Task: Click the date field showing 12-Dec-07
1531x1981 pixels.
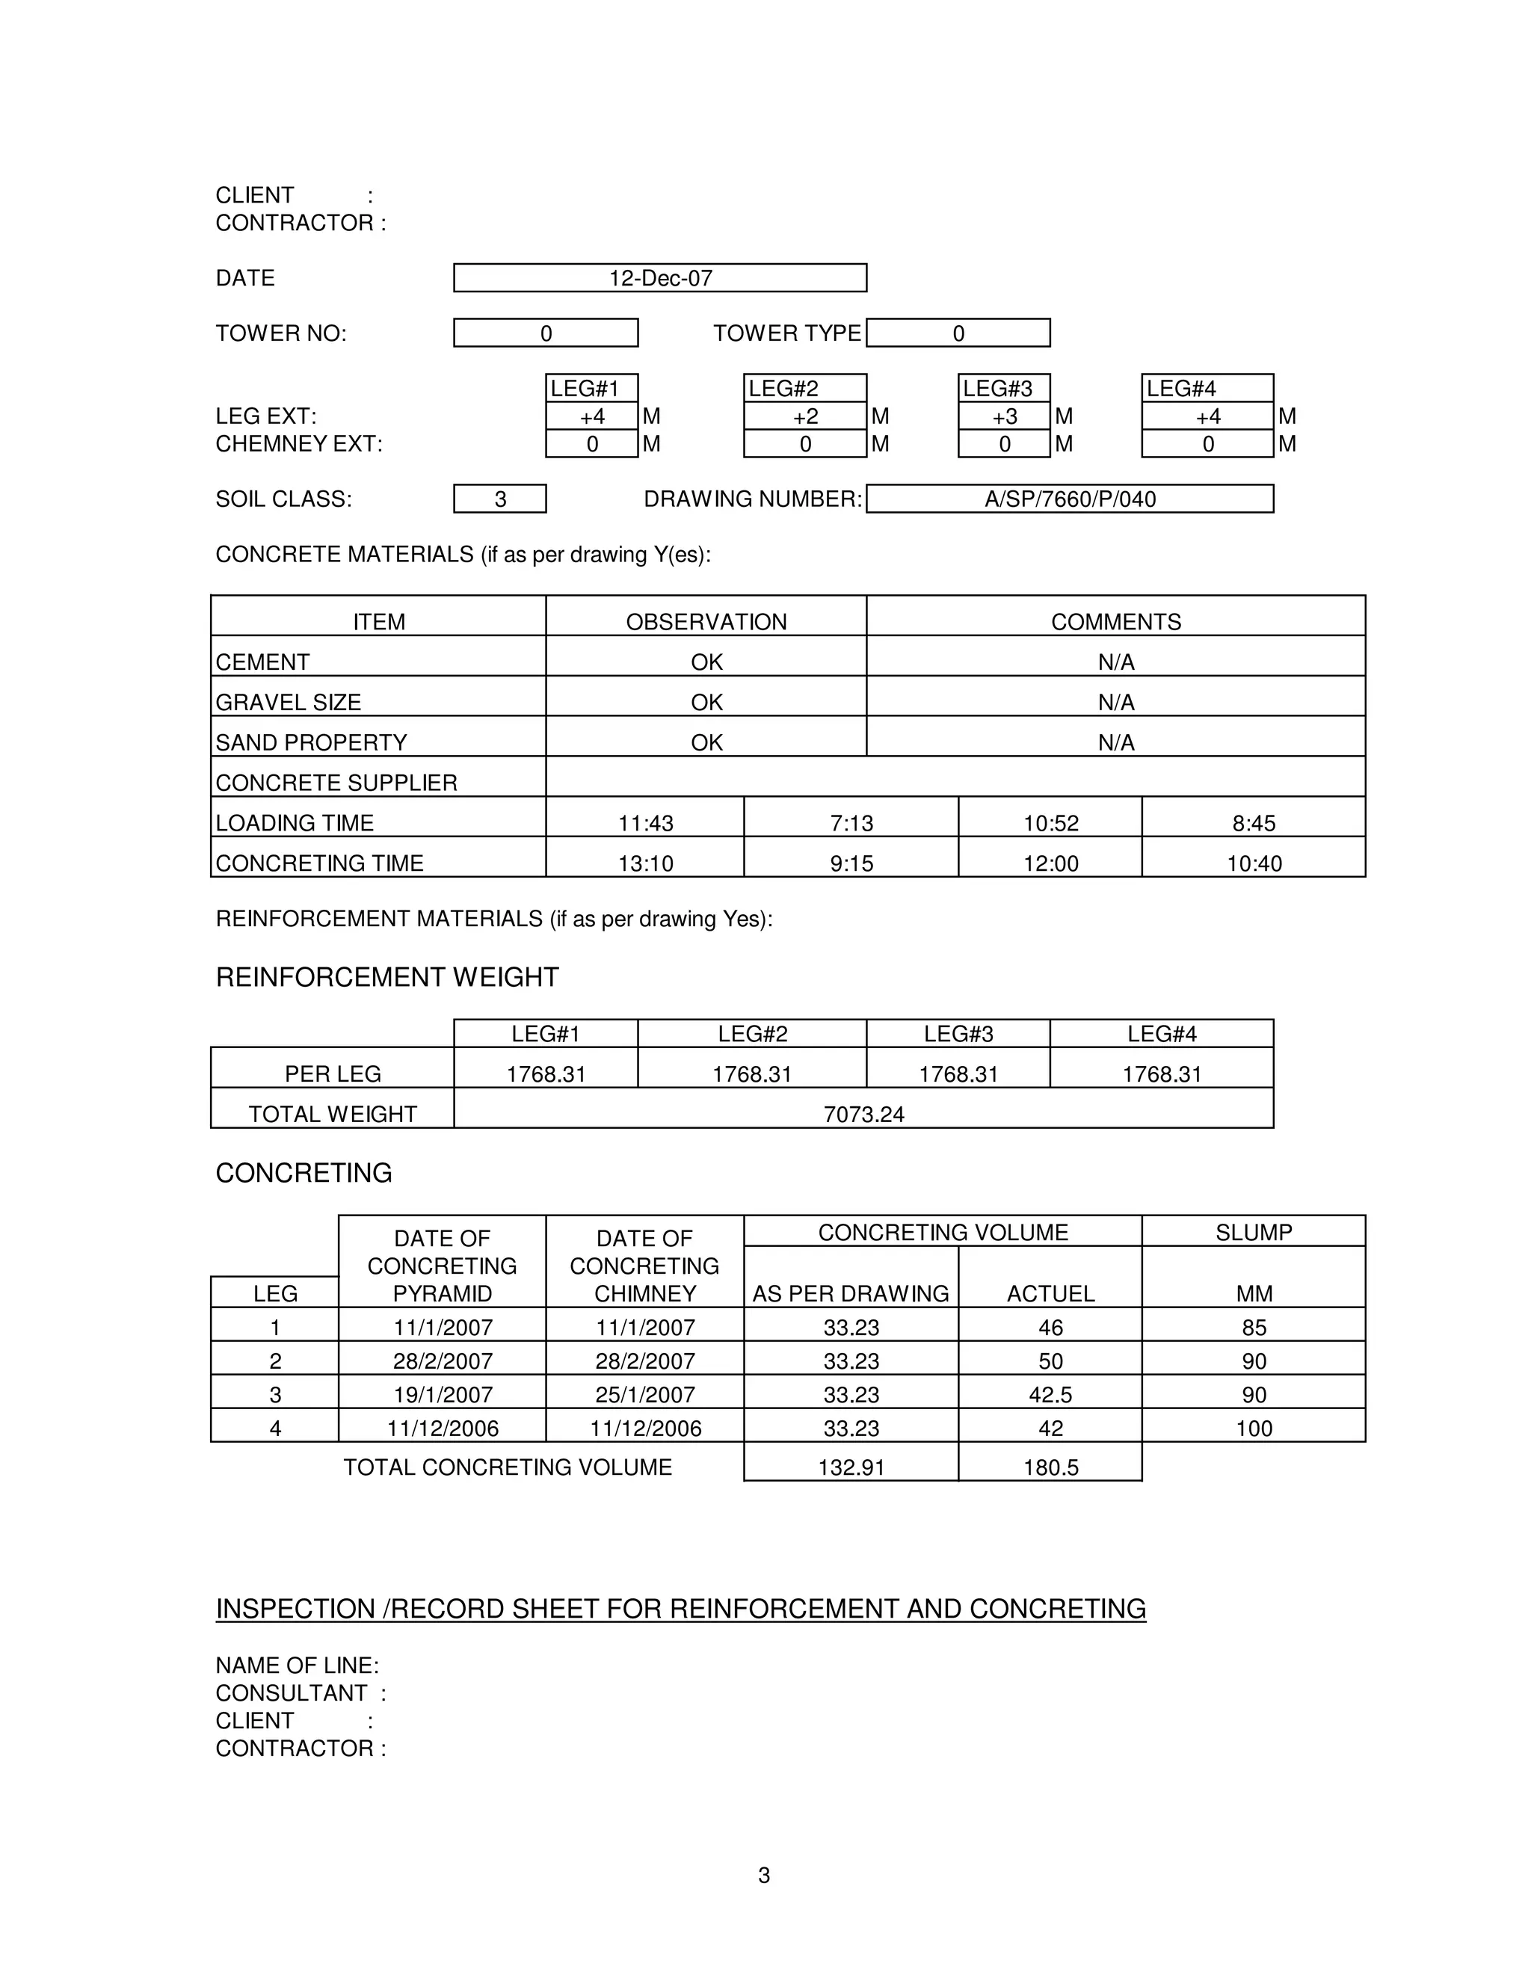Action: tap(659, 279)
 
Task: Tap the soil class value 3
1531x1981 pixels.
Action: tap(500, 499)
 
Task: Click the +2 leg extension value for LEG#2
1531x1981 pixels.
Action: tap(804, 416)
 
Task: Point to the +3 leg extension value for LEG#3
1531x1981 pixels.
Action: tap(1004, 416)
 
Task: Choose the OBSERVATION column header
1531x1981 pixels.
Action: tap(706, 621)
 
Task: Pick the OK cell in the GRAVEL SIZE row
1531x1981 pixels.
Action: tap(706, 702)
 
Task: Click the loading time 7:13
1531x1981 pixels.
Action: tap(851, 823)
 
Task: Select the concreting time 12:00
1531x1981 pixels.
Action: tap(1050, 863)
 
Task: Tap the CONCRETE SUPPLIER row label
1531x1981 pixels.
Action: tap(336, 782)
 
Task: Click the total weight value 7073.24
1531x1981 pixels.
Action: tap(863, 1114)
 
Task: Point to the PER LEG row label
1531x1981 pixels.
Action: tap(333, 1074)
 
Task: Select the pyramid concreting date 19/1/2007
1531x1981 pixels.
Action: tap(443, 1394)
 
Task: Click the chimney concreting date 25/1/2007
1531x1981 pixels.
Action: tap(645, 1394)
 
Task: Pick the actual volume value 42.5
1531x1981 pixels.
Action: tap(1050, 1394)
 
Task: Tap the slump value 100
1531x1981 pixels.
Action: tap(1254, 1428)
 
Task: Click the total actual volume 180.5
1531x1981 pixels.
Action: tap(1050, 1467)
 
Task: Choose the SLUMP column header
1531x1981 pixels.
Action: tap(1254, 1232)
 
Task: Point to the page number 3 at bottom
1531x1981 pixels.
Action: tap(764, 1875)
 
